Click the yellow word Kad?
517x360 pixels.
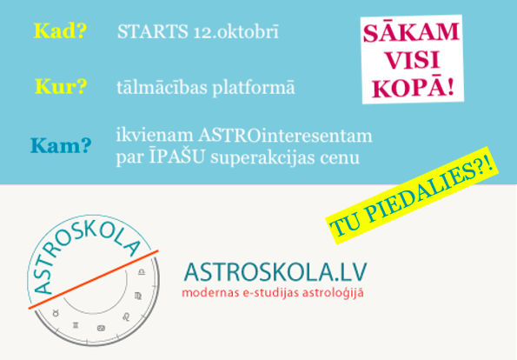pos(60,31)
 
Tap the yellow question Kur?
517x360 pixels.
pos(61,86)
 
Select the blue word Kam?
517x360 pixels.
pos(61,145)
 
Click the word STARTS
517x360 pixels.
pos(153,31)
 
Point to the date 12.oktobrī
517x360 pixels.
pos(236,31)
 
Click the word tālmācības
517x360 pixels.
pos(162,88)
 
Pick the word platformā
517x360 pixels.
pos(254,88)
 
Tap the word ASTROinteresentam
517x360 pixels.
pos(285,136)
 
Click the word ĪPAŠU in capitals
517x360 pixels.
pos(177,157)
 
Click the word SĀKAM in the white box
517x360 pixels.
pos(411,32)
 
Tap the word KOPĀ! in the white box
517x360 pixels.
pos(413,89)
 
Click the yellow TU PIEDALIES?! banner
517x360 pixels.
pos(412,196)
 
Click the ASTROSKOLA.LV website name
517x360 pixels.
pos(275,272)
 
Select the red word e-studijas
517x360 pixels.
pos(271,293)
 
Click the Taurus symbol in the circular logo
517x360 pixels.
pos(56,313)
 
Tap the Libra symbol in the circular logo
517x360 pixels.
pos(142,271)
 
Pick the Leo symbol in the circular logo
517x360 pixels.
pos(127,317)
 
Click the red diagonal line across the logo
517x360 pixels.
pos(93,279)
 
